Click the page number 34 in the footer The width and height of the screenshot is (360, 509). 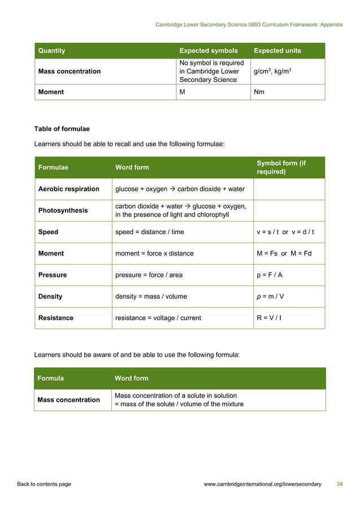point(339,484)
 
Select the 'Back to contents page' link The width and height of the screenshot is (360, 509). point(44,484)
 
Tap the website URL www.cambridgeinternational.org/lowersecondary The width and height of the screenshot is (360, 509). point(262,484)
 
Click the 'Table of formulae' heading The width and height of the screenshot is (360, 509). point(62,129)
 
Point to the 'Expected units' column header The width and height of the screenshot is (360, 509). point(277,51)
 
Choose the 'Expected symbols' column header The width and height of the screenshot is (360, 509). point(208,51)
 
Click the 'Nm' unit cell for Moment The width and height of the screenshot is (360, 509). point(259,92)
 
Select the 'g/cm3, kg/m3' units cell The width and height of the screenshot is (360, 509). point(273,72)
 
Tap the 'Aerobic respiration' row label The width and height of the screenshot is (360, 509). point(68,189)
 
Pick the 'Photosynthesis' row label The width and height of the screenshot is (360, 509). point(63,210)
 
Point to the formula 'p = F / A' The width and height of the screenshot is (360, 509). point(270,275)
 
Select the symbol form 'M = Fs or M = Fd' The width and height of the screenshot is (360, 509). point(284,253)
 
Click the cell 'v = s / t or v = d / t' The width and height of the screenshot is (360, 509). point(285,232)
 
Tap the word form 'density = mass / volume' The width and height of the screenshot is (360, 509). point(151,296)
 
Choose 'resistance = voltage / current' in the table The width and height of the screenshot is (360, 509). point(158,318)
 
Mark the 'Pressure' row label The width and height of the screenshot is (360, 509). point(52,275)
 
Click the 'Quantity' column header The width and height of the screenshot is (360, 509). point(51,51)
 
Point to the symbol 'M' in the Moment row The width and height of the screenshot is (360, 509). point(182,92)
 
